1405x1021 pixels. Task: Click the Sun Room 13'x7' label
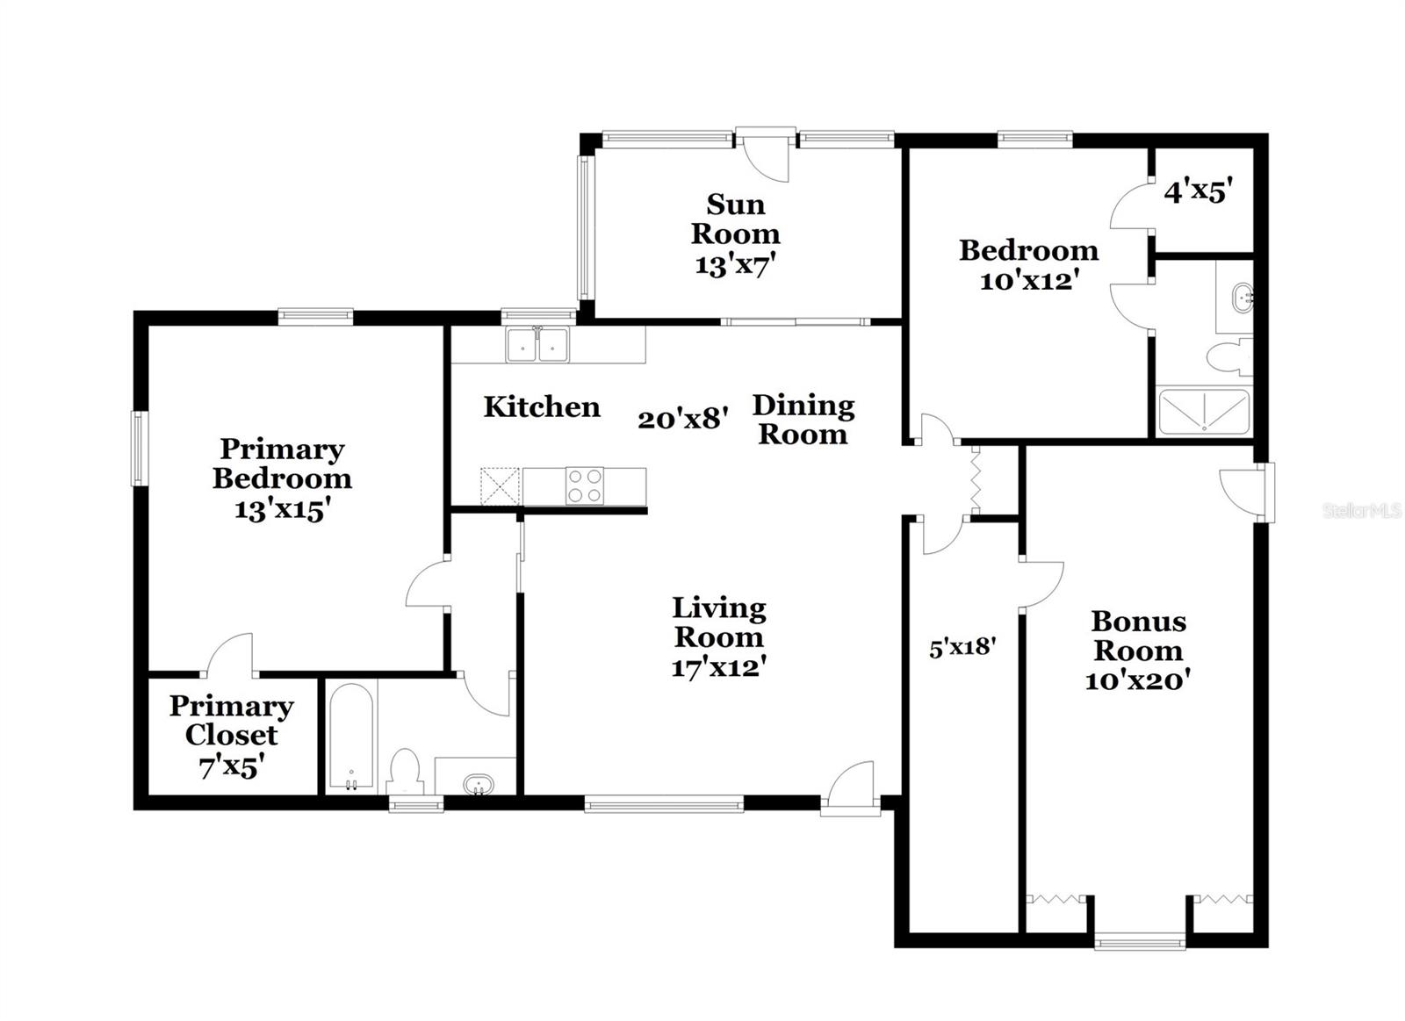(x=735, y=234)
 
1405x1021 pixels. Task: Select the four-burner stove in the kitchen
(x=584, y=485)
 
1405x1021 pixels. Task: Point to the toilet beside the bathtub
(x=405, y=771)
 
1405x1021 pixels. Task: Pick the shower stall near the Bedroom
(x=1203, y=413)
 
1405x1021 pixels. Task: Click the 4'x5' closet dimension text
(x=1199, y=191)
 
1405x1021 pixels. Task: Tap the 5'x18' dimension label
(x=962, y=647)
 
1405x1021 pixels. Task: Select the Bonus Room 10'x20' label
(x=1138, y=651)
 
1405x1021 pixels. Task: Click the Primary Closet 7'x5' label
(x=231, y=736)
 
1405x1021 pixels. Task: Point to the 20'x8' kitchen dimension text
(x=683, y=419)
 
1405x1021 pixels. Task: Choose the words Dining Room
(x=803, y=420)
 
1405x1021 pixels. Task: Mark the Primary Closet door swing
(x=230, y=655)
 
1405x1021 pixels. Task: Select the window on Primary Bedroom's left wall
(x=139, y=448)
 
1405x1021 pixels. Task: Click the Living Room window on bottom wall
(x=664, y=802)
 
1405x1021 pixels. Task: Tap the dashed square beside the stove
(x=500, y=485)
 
